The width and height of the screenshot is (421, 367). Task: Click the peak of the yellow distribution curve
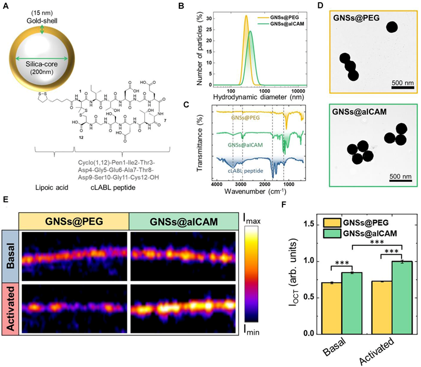click(246, 16)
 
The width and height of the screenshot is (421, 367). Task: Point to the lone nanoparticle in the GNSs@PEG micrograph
click(393, 28)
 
